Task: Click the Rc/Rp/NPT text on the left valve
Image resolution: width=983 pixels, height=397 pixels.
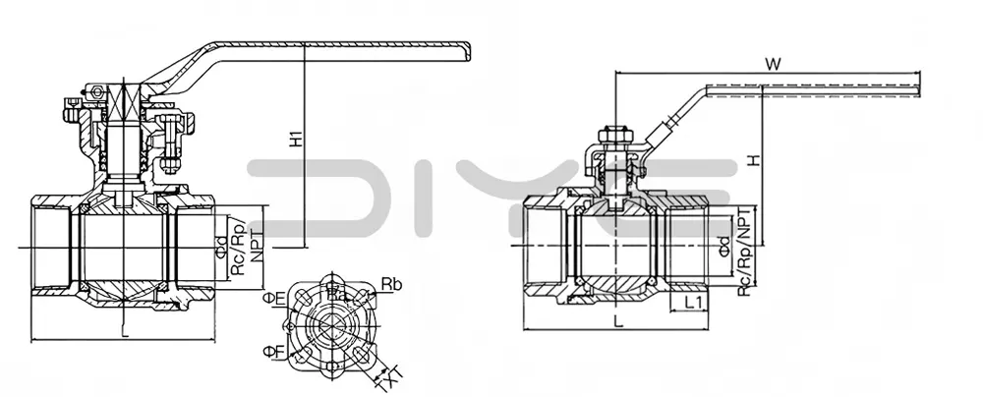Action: coord(247,245)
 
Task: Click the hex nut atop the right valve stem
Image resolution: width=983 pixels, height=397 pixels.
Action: coord(612,134)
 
